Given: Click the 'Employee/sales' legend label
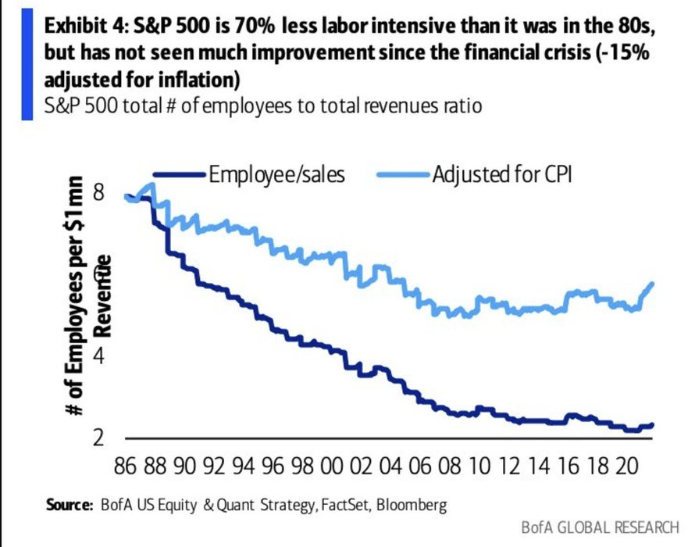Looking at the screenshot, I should click(276, 173).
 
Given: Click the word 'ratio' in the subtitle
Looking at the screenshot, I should click(458, 105).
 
